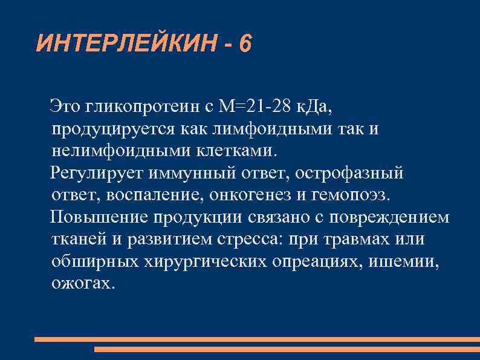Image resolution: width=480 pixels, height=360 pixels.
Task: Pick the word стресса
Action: click(247, 239)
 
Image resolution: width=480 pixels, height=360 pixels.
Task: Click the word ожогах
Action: click(82, 283)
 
